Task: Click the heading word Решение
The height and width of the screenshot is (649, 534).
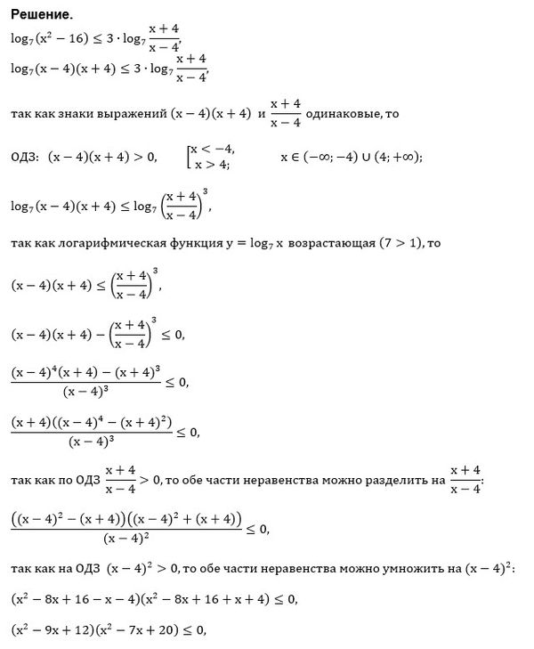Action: tap(42, 15)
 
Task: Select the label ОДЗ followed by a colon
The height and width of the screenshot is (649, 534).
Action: tap(28, 158)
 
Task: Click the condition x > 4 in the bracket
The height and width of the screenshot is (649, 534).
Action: tap(209, 165)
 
